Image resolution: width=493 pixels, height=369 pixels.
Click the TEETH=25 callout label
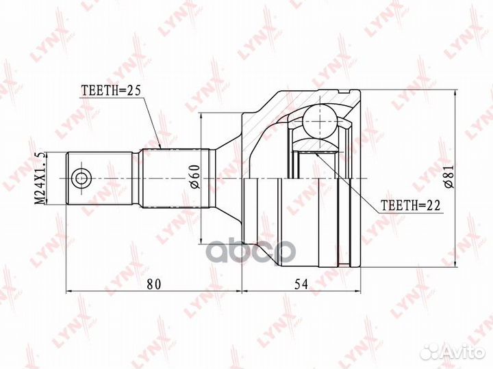coord(111,90)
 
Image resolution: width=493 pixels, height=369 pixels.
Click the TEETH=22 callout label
coord(410,205)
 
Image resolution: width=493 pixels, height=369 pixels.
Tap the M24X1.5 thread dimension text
coord(40,178)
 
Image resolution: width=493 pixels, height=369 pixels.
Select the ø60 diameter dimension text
coord(195,176)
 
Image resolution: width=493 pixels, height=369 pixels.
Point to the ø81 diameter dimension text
coord(450,176)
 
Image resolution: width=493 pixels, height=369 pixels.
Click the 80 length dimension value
coord(154,284)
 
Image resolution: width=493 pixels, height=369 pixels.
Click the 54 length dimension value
coord(301,284)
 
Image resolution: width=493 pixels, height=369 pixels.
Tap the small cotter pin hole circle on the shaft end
coord(81,178)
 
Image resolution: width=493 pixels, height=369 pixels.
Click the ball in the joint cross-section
coord(320,122)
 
